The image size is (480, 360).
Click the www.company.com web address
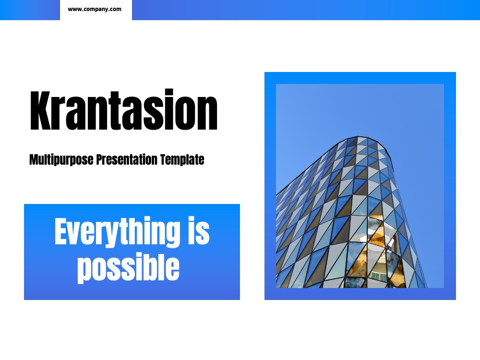tap(94, 9)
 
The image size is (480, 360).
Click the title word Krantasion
tap(124, 109)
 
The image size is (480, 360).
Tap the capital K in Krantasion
tap(40, 110)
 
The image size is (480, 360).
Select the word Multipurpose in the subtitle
tap(61, 159)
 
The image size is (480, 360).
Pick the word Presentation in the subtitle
tap(127, 159)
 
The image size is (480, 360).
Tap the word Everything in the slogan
tap(117, 232)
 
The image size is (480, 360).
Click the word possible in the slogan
tap(128, 267)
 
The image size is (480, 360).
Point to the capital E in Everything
tap(61, 231)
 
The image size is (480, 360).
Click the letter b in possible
tap(152, 266)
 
